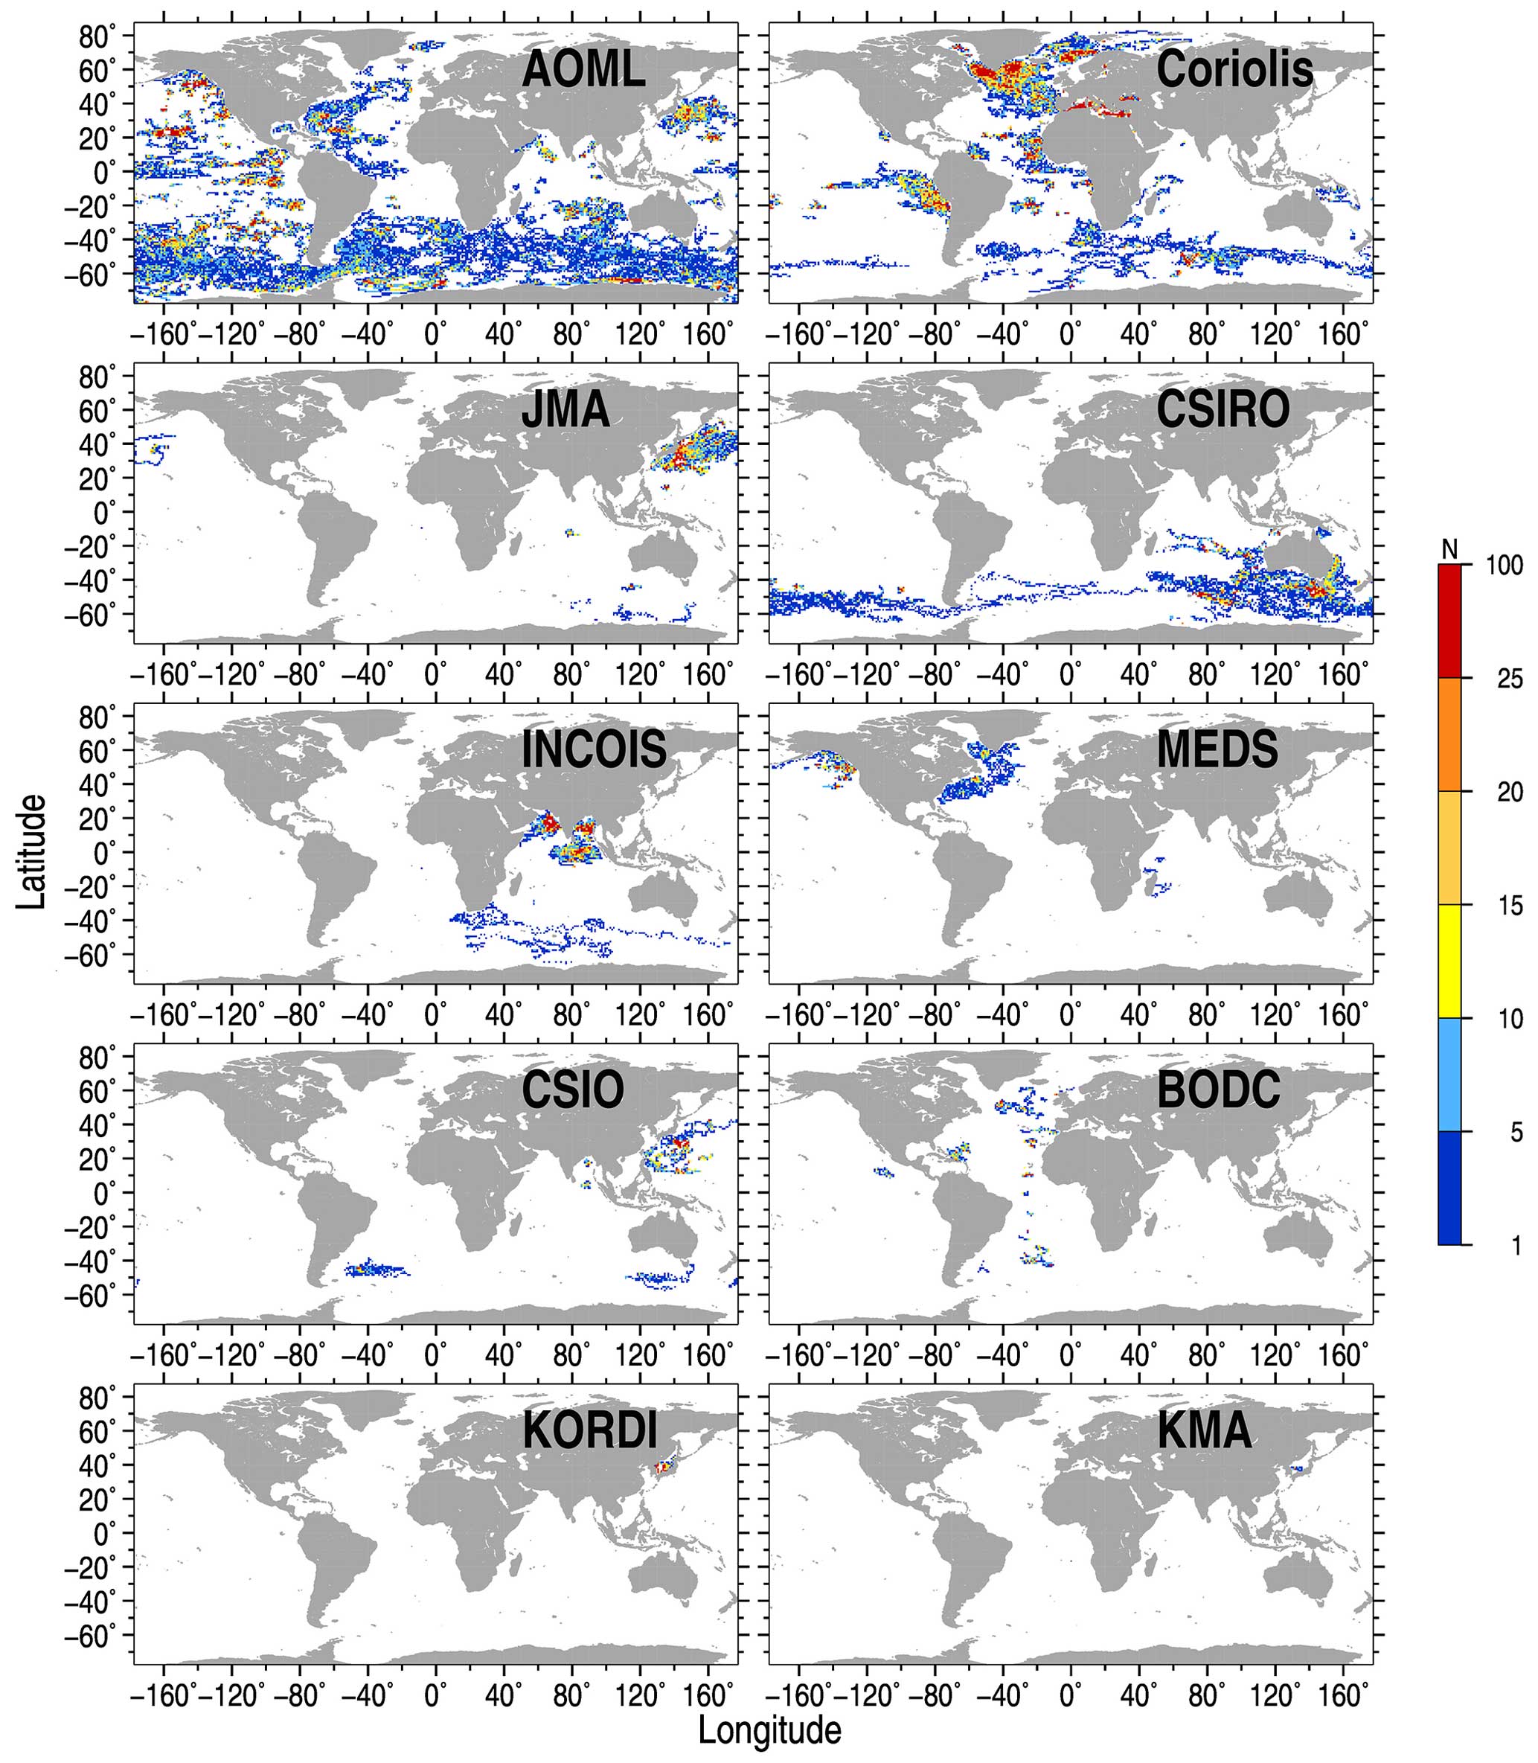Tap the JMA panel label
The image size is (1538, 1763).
tap(565, 410)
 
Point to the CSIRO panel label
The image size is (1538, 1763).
tap(1223, 410)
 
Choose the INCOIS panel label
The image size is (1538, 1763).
tap(594, 750)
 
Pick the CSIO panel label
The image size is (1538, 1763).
tap(572, 1091)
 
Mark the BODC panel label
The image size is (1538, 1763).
tap(1218, 1091)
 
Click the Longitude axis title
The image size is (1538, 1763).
tap(769, 1730)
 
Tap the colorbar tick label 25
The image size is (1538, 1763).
tap(1510, 679)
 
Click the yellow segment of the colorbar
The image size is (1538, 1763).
tap(1449, 962)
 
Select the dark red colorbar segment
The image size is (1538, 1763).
tap(1449, 621)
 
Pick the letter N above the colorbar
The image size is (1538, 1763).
tap(1449, 548)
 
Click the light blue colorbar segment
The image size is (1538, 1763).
tap(1449, 1075)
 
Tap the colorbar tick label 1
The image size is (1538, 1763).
tap(1516, 1246)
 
